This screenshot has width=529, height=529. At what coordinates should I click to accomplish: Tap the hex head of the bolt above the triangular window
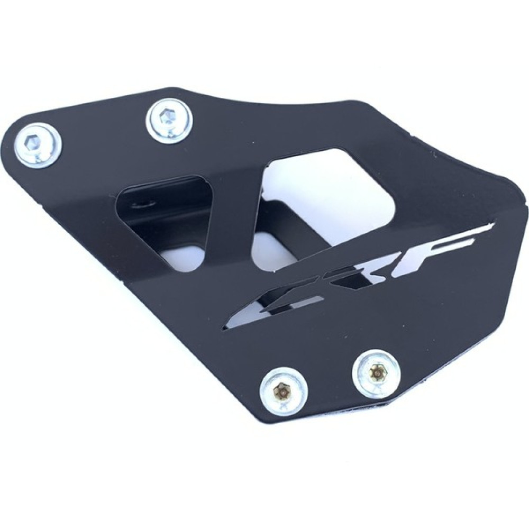(x=166, y=117)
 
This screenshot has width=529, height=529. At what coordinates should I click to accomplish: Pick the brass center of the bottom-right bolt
(x=376, y=371)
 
